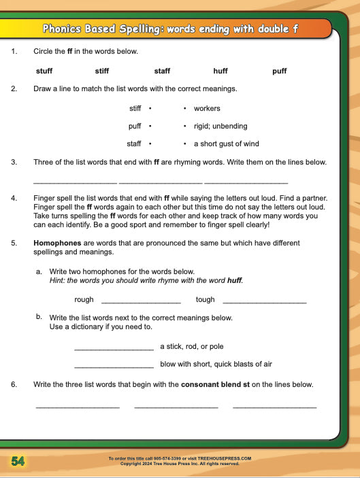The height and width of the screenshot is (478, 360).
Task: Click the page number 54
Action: point(18,461)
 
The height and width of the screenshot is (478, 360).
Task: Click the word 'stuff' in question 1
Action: point(44,71)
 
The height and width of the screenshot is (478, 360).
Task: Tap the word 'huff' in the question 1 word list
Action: point(220,71)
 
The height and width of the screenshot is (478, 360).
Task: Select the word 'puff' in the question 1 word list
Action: point(279,71)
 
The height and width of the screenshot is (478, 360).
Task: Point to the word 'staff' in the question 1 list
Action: point(162,71)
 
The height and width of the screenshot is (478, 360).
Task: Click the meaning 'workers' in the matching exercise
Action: point(207,108)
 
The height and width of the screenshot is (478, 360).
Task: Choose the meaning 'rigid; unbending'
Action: point(220,126)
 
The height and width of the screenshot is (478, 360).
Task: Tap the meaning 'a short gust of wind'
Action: point(227,143)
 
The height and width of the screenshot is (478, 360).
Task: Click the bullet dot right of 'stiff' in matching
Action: point(149,108)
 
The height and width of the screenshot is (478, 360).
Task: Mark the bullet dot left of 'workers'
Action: point(185,108)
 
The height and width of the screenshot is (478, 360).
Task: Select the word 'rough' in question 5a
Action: point(84,299)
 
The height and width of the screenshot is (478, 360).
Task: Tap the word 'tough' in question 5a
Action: point(205,299)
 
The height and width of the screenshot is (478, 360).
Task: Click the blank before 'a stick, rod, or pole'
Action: point(114,349)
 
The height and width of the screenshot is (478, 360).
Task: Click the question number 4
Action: point(14,198)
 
